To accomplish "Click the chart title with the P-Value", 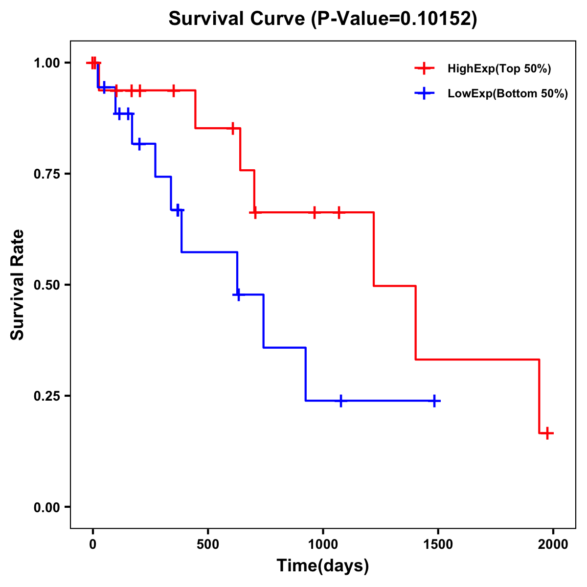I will tap(322, 19).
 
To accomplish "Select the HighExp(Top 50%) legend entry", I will tap(499, 69).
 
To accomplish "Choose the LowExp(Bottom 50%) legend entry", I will tap(507, 93).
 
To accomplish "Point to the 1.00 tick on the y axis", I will tap(46, 63).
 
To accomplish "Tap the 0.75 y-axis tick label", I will tap(46, 174).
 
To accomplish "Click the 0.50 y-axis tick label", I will tap(46, 285).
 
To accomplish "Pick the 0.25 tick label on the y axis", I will tap(46, 396).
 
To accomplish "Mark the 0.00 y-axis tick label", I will tap(46, 507).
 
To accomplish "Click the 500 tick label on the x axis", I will tap(208, 544).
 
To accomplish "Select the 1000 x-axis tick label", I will tap(323, 544).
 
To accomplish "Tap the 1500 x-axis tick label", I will tap(438, 544).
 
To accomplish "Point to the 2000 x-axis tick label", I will tap(553, 544).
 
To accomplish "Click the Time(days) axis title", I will tap(323, 566).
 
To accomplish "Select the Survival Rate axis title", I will tap(18, 285).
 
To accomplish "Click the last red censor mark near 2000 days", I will tap(547, 433).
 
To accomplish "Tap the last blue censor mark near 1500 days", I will tap(434, 401).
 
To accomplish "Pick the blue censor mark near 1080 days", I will tap(341, 401).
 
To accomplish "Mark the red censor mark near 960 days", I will tap(314, 212).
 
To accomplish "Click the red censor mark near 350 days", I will tap(173, 90).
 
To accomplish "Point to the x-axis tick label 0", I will tap(92, 544).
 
